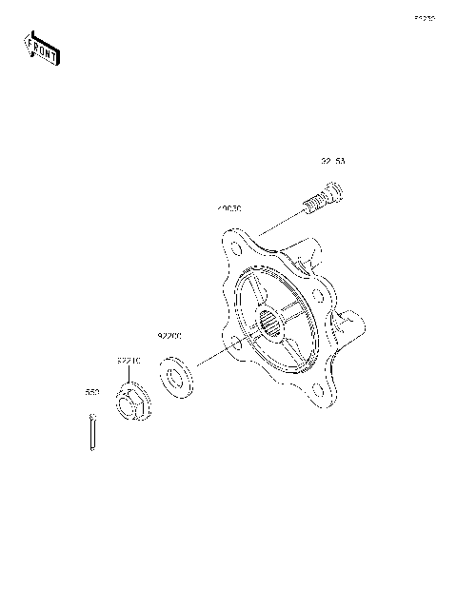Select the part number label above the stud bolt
[333, 163]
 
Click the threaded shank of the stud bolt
[313, 203]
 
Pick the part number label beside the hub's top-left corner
[228, 208]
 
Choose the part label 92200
[169, 336]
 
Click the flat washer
[174, 375]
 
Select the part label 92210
[129, 362]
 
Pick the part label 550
[91, 391]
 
